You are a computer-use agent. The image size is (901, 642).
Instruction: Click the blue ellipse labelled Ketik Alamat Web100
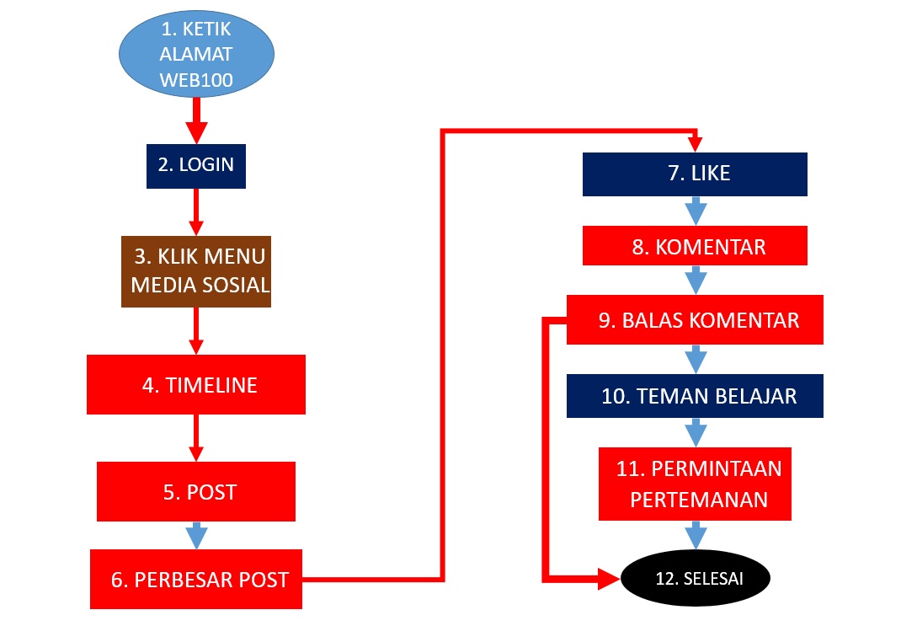(196, 54)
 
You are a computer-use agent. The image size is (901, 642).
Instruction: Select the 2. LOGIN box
(196, 166)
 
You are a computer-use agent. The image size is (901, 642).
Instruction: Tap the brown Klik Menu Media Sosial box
(196, 271)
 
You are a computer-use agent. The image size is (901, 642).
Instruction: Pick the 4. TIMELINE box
(196, 384)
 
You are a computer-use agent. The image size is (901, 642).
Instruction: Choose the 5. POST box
(196, 491)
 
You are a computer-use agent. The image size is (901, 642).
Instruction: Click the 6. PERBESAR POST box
(196, 579)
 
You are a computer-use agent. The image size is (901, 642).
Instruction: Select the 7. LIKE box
(695, 174)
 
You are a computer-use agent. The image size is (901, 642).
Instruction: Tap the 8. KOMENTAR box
(695, 245)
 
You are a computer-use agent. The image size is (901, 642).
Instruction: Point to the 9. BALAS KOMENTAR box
(695, 319)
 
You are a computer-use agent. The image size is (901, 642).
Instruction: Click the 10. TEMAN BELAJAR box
(695, 396)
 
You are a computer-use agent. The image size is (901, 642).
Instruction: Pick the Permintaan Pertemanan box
(695, 484)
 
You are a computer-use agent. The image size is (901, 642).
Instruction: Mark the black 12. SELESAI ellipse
(696, 578)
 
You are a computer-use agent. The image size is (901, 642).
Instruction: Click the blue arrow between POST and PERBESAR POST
(196, 536)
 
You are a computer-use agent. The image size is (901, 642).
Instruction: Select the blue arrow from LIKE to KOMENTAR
(696, 211)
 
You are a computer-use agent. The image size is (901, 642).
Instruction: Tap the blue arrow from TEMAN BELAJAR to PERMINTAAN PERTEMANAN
(696, 432)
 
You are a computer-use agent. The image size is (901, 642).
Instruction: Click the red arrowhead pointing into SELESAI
(609, 578)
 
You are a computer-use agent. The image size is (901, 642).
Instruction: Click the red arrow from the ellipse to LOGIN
(196, 120)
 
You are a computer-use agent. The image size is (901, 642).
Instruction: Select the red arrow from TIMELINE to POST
(196, 438)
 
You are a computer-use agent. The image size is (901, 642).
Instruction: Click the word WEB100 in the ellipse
(196, 80)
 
